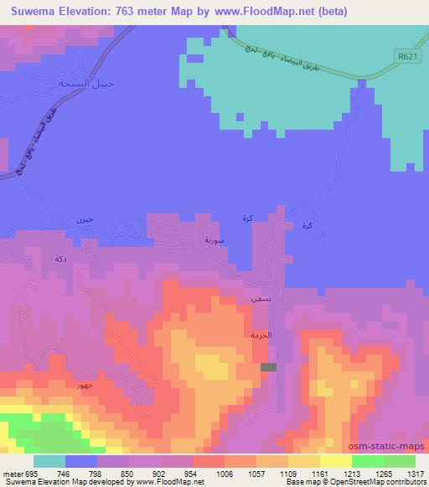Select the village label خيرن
pos(84,219)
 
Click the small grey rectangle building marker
pos(268,367)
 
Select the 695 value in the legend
pos(25,473)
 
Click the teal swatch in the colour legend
pos(49,461)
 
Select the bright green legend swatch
pos(367,461)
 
